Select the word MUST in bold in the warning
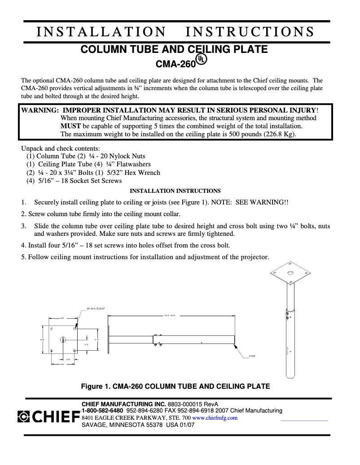(70, 126)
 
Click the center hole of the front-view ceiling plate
(63, 340)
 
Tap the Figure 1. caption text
(175, 386)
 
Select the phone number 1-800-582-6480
(102, 411)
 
